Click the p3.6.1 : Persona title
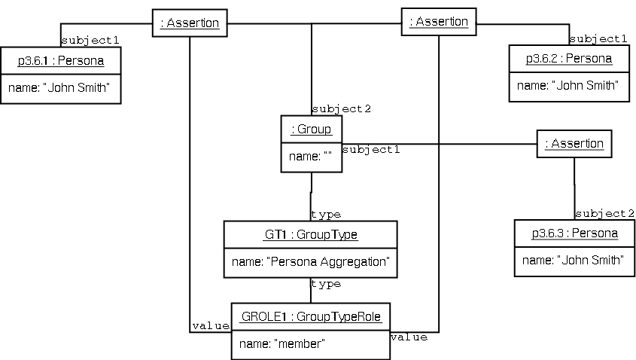60,59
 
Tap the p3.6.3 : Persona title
574,233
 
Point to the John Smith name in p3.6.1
59,88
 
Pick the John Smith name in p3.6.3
574,261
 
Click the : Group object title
311,129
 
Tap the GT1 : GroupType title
311,234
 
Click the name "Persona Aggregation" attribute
311,262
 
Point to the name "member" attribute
282,343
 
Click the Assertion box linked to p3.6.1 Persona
190,23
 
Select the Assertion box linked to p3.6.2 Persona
439,22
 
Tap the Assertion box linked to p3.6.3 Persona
574,143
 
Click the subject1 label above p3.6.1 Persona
90,39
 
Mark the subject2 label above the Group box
341,109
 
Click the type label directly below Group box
325,215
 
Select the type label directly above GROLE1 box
325,284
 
